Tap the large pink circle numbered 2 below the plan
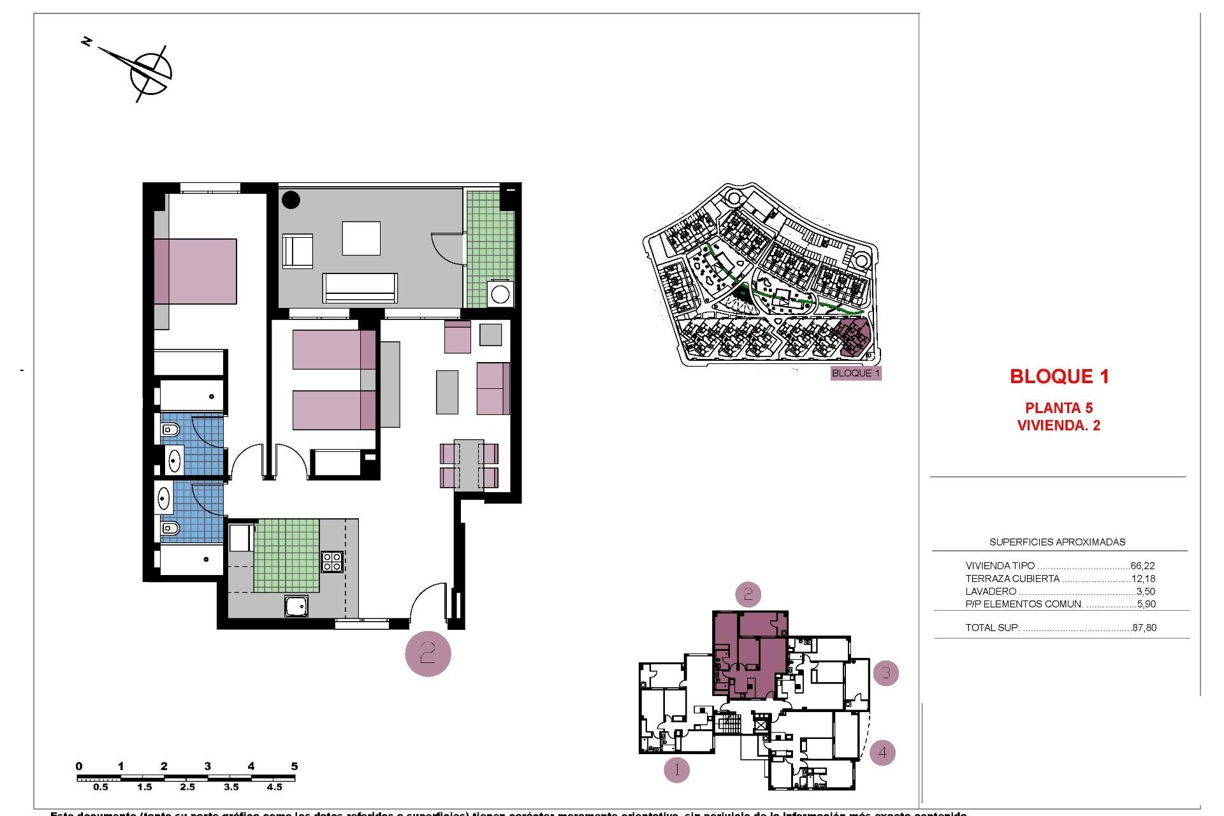pyautogui.click(x=428, y=653)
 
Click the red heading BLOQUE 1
pyautogui.click(x=1059, y=377)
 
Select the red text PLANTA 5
pyautogui.click(x=1059, y=408)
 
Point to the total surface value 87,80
pyautogui.click(x=1144, y=628)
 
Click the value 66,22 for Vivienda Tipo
pyautogui.click(x=1142, y=566)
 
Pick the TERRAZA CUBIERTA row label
pyautogui.click(x=1012, y=579)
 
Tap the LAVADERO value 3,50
pyautogui.click(x=1146, y=592)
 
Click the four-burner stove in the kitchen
pyautogui.click(x=331, y=561)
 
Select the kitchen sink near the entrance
pyautogui.click(x=296, y=606)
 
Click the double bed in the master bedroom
pyautogui.click(x=195, y=272)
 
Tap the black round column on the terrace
pyautogui.click(x=291, y=200)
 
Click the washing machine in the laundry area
pyautogui.click(x=500, y=295)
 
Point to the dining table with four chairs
pyautogui.click(x=469, y=465)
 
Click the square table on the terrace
pyautogui.click(x=361, y=238)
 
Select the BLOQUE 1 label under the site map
pyautogui.click(x=856, y=374)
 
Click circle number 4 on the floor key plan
pyautogui.click(x=882, y=752)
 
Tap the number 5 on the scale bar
pyautogui.click(x=294, y=766)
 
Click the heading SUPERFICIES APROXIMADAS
pyautogui.click(x=1057, y=543)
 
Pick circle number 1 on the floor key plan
pyautogui.click(x=676, y=770)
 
